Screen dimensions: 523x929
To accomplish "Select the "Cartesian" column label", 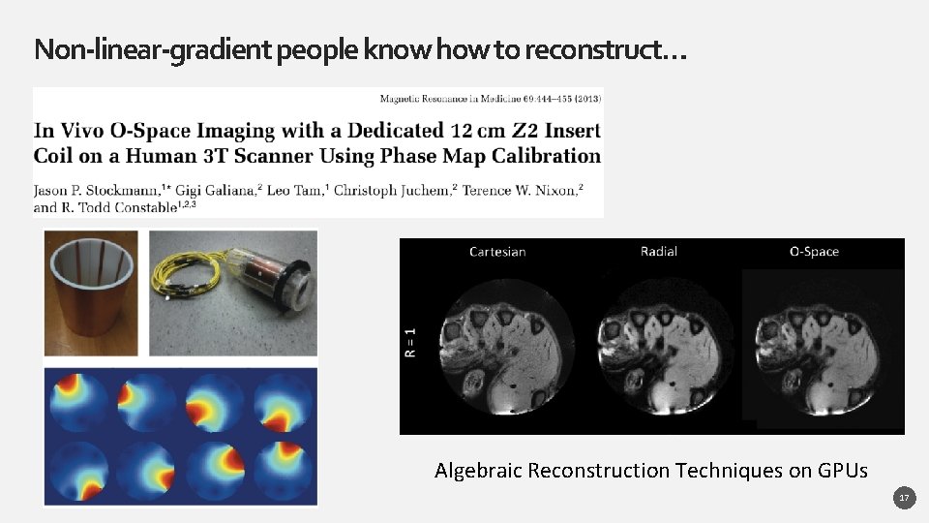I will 497,252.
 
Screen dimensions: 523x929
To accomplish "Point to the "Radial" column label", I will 659,252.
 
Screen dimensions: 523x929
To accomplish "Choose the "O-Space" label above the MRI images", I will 814,252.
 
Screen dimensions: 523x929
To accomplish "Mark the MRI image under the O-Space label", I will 823,349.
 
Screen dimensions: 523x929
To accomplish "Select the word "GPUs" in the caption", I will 843,471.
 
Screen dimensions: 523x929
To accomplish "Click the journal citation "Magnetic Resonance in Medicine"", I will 450,98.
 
